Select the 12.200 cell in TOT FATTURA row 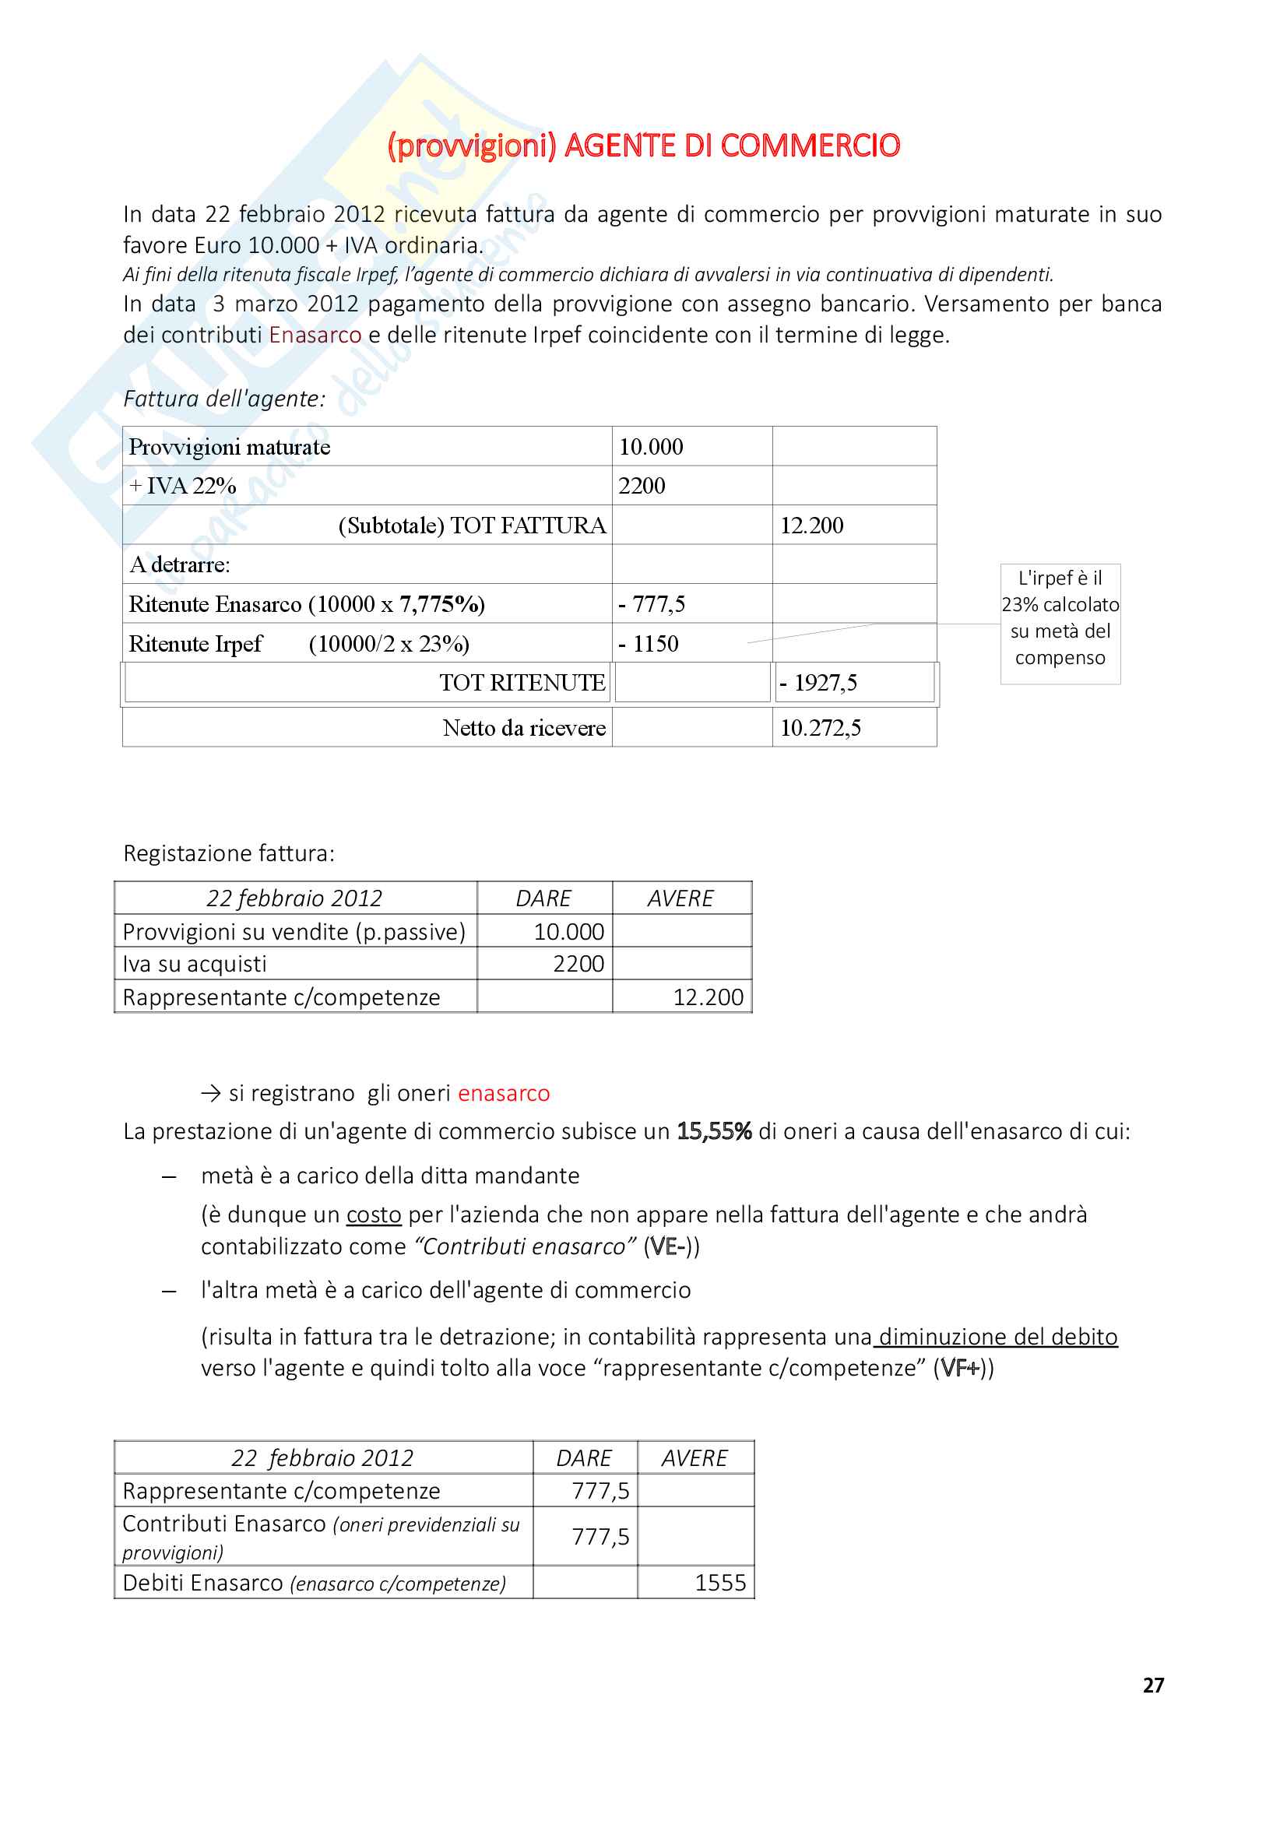coord(811,525)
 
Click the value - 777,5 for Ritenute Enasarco coord(651,604)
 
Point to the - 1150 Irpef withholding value coord(648,643)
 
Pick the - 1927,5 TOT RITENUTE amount coord(818,683)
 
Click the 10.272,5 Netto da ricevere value coord(820,728)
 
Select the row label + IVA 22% coord(182,485)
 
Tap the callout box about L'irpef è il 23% coord(1060,624)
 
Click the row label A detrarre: coord(180,564)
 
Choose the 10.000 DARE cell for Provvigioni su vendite coord(568,932)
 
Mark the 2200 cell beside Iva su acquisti coord(578,964)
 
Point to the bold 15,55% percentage coord(714,1131)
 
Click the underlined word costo coord(374,1215)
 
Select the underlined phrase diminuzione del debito coord(997,1337)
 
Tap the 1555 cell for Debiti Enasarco coord(720,1582)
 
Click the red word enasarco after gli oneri coord(504,1093)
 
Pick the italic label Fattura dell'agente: coord(224,398)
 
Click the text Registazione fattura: coord(229,853)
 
